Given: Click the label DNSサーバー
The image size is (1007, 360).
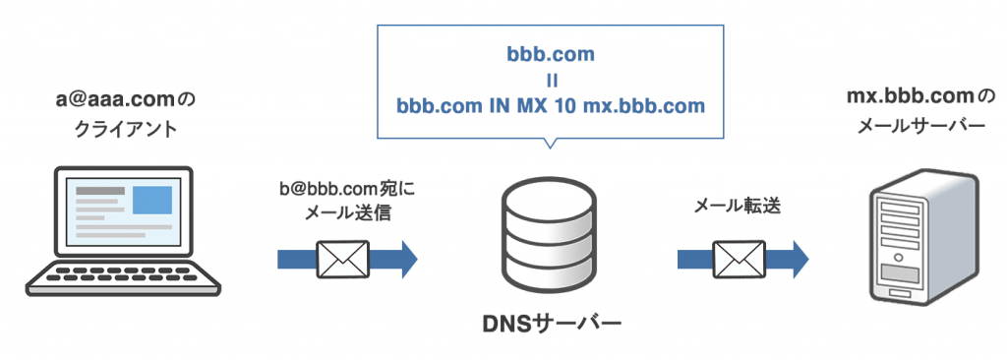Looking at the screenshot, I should (x=547, y=324).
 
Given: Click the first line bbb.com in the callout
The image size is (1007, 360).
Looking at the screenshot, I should (x=551, y=53).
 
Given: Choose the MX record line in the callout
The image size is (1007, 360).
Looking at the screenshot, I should (x=551, y=103).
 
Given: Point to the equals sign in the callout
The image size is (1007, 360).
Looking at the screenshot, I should (x=551, y=79).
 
